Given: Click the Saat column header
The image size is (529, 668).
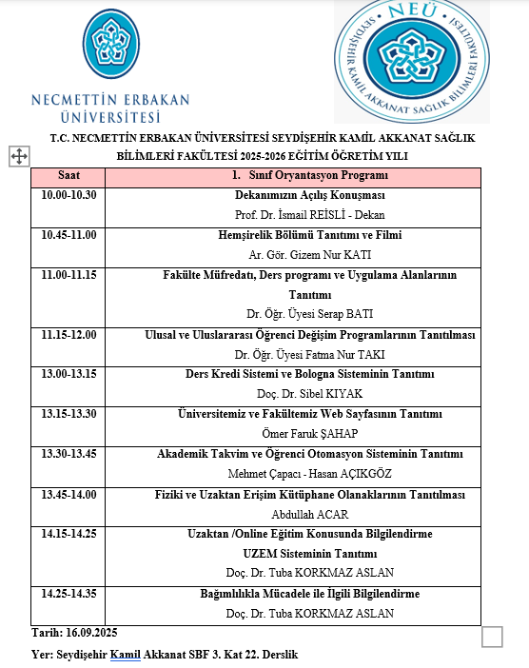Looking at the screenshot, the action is coord(69,176).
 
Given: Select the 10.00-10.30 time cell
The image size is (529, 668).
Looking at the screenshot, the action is coord(69,195).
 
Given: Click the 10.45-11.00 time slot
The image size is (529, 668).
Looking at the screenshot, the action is coord(69,235).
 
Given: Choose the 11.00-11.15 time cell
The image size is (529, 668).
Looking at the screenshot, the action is coord(69,275).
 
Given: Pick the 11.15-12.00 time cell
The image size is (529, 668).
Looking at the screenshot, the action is coord(69,335).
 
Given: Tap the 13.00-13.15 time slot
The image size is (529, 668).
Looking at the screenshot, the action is coord(69,374).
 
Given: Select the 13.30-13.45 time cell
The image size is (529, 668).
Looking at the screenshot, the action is coord(69,454).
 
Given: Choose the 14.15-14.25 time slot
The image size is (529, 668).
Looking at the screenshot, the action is coord(69,534).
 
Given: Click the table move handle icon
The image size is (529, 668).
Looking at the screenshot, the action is coord(18,156).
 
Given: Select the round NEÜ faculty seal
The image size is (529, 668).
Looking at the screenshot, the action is coord(412,62).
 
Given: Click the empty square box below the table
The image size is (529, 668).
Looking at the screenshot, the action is coord(492,637).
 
